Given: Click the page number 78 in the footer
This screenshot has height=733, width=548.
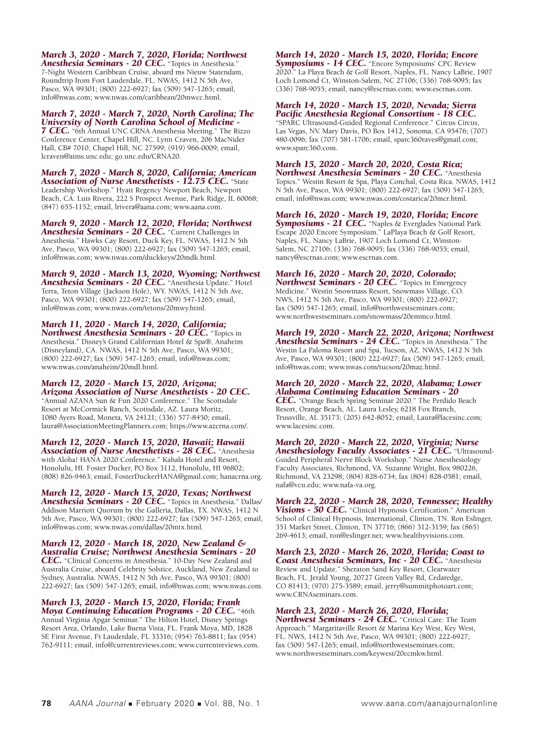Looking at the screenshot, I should pyautogui.click(x=46, y=703).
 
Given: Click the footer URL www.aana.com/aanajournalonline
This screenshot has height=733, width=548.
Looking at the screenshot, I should pyautogui.click(x=429, y=703).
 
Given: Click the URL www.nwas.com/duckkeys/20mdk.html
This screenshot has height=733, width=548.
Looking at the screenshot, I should pyautogui.click(x=155, y=257).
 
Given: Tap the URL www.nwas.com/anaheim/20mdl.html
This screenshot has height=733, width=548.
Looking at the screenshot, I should pyautogui.click(x=100, y=367).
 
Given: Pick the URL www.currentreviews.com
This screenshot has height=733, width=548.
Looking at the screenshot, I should pyautogui.click(x=219, y=645).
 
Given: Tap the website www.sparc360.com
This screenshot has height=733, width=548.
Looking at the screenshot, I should pyautogui.click(x=306, y=148).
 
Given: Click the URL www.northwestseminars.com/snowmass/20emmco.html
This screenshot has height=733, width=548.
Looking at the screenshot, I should pyautogui.click(x=364, y=316).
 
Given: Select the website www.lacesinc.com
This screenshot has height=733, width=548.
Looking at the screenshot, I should pyautogui.click(x=305, y=426).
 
